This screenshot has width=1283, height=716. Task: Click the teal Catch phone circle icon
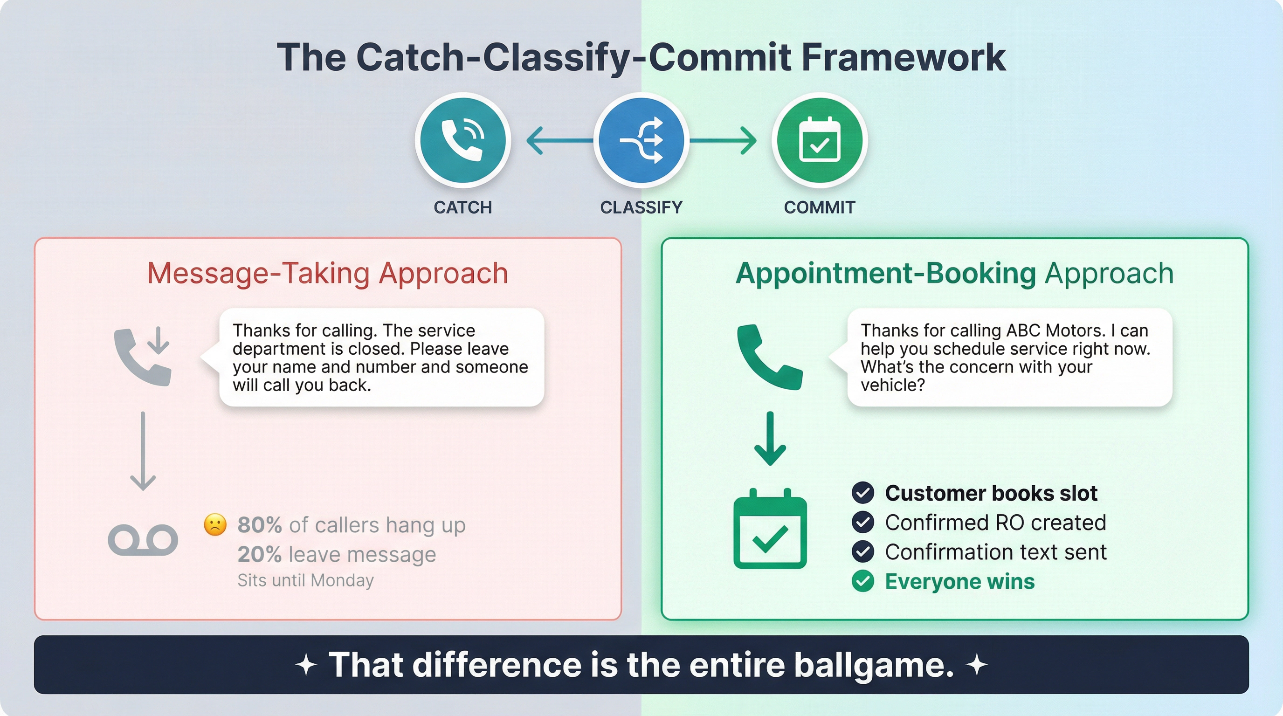(462, 140)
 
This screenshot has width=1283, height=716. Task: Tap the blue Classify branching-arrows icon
(641, 140)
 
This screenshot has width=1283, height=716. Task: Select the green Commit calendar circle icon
(819, 140)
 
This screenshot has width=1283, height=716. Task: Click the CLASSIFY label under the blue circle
(641, 207)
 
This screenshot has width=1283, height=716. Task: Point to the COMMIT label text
(819, 207)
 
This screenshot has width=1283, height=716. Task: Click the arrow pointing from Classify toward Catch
(558, 140)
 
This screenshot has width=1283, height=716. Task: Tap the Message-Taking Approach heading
(328, 273)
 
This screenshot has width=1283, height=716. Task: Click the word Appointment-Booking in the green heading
(885, 273)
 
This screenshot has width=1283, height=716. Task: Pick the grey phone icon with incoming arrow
(143, 356)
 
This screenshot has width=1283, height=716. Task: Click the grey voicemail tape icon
(143, 540)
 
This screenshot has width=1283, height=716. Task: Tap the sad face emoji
(215, 524)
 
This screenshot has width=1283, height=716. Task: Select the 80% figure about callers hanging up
(260, 525)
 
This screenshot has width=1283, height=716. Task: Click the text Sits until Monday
(305, 580)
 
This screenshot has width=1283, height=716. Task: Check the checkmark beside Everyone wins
(862, 581)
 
